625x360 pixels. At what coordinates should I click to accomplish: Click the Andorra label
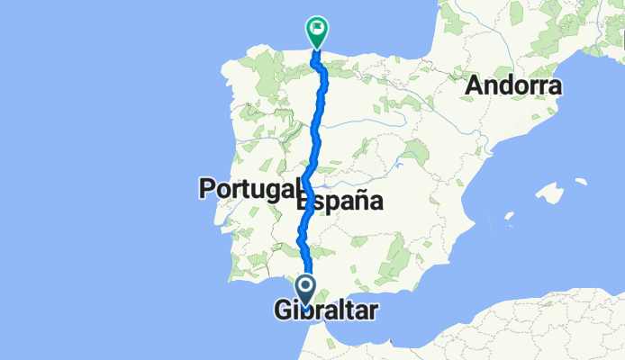coord(513,87)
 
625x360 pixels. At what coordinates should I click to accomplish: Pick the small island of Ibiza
coord(510,217)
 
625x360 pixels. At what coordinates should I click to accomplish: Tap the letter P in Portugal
coord(206,189)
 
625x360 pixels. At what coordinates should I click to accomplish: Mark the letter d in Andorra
coord(505,87)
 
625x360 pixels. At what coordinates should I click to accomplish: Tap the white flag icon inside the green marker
coord(318,29)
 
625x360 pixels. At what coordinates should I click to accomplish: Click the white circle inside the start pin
coord(305,287)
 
